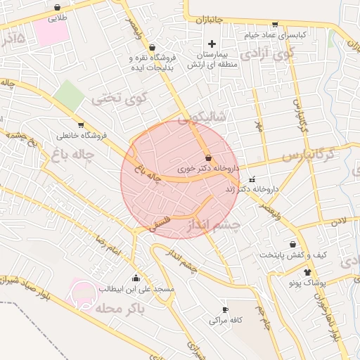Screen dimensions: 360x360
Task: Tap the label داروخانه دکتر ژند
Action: click(x=252, y=190)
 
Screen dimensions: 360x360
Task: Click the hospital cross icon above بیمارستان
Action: click(x=211, y=44)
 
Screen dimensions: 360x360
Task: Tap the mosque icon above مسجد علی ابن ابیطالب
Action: click(x=136, y=278)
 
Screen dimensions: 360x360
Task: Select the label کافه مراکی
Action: click(x=225, y=320)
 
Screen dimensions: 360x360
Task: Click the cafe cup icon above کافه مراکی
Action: click(x=225, y=309)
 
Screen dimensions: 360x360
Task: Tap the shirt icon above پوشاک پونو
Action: click(x=307, y=271)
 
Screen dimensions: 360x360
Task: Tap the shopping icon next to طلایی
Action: click(x=56, y=8)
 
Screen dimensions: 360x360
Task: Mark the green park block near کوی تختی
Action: click(x=69, y=94)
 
